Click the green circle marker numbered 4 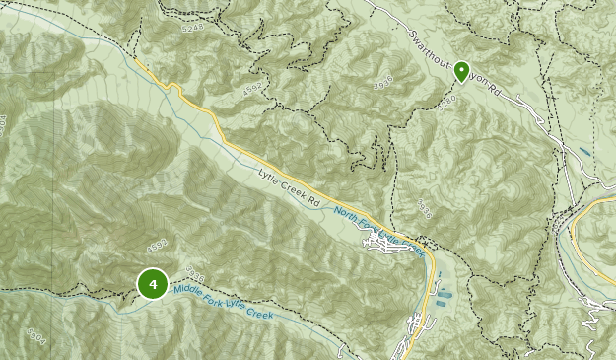[x=152, y=284]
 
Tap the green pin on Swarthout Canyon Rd [x=460, y=72]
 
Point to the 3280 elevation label [x=448, y=100]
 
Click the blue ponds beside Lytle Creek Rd [x=444, y=293]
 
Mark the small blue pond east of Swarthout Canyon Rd [x=585, y=154]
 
